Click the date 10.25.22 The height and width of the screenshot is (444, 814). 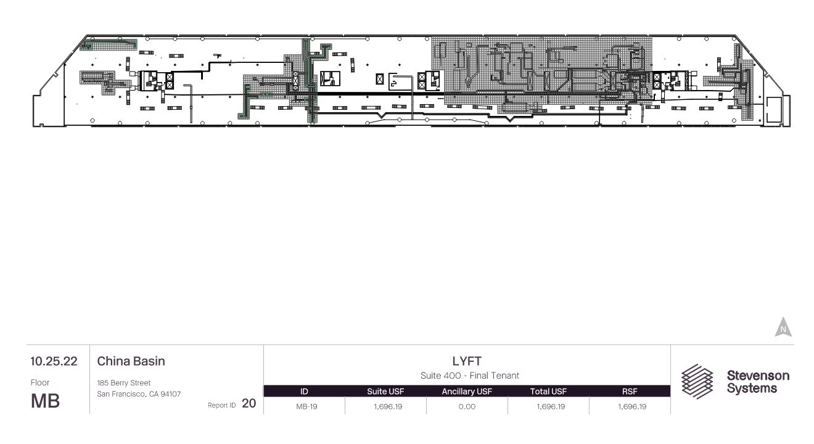point(54,361)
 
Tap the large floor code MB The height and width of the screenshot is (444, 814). point(45,401)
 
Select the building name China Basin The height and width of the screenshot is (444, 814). point(131,361)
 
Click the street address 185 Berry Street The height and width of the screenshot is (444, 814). point(123,383)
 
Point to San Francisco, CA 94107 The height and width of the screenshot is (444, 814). point(139,394)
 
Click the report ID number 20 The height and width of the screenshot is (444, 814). point(249,403)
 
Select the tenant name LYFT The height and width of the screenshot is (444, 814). point(467,361)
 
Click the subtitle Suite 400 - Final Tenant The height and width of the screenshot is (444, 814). point(470,376)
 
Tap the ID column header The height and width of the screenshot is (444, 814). point(304,392)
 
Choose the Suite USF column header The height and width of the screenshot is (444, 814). point(385,392)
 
